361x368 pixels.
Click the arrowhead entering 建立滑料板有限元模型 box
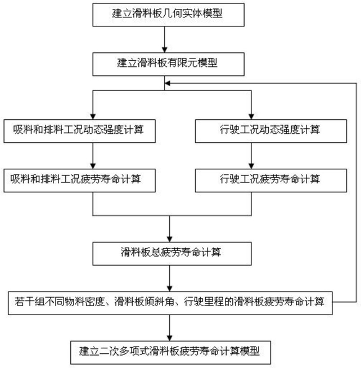point(165,50)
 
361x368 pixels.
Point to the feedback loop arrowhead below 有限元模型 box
point(168,83)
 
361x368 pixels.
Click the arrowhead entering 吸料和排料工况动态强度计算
point(93,116)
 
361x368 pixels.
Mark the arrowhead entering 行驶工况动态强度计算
point(251,116)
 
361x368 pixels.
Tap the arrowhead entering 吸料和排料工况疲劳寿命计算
point(93,166)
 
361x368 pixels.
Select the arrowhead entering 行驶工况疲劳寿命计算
point(251,166)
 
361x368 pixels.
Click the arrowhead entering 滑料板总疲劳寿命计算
point(170,239)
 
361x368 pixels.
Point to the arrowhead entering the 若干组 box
point(170,289)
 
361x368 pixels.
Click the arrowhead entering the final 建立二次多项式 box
point(170,338)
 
